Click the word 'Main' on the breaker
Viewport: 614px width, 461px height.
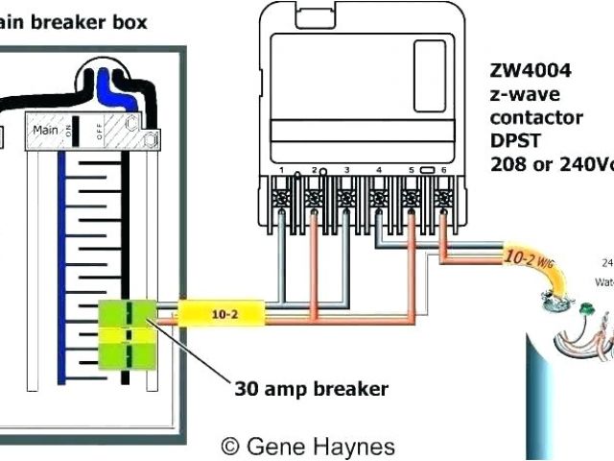point(44,128)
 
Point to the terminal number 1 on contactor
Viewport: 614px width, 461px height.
point(282,171)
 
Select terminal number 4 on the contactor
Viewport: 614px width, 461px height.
point(379,171)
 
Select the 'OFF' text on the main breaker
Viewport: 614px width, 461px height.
point(100,130)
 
